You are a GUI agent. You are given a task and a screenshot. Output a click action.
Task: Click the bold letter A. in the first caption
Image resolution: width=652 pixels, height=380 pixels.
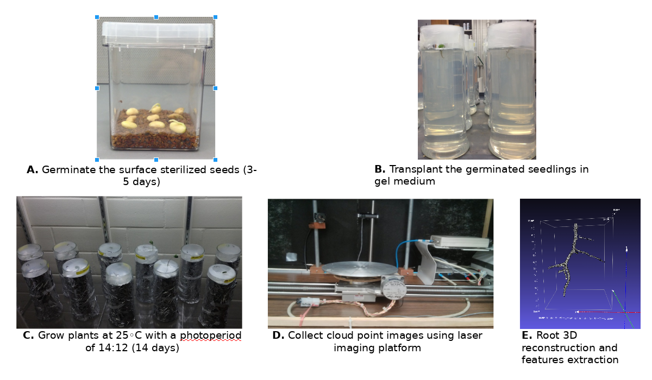(32, 170)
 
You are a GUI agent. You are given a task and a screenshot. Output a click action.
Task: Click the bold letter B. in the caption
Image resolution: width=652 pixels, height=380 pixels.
(380, 169)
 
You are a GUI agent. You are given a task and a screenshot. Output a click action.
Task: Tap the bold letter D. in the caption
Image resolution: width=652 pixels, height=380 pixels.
(278, 335)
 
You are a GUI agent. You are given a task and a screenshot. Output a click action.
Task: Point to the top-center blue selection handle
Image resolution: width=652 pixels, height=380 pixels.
(156, 17)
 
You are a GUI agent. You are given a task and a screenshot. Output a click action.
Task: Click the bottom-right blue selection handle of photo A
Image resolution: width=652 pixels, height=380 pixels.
(215, 160)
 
